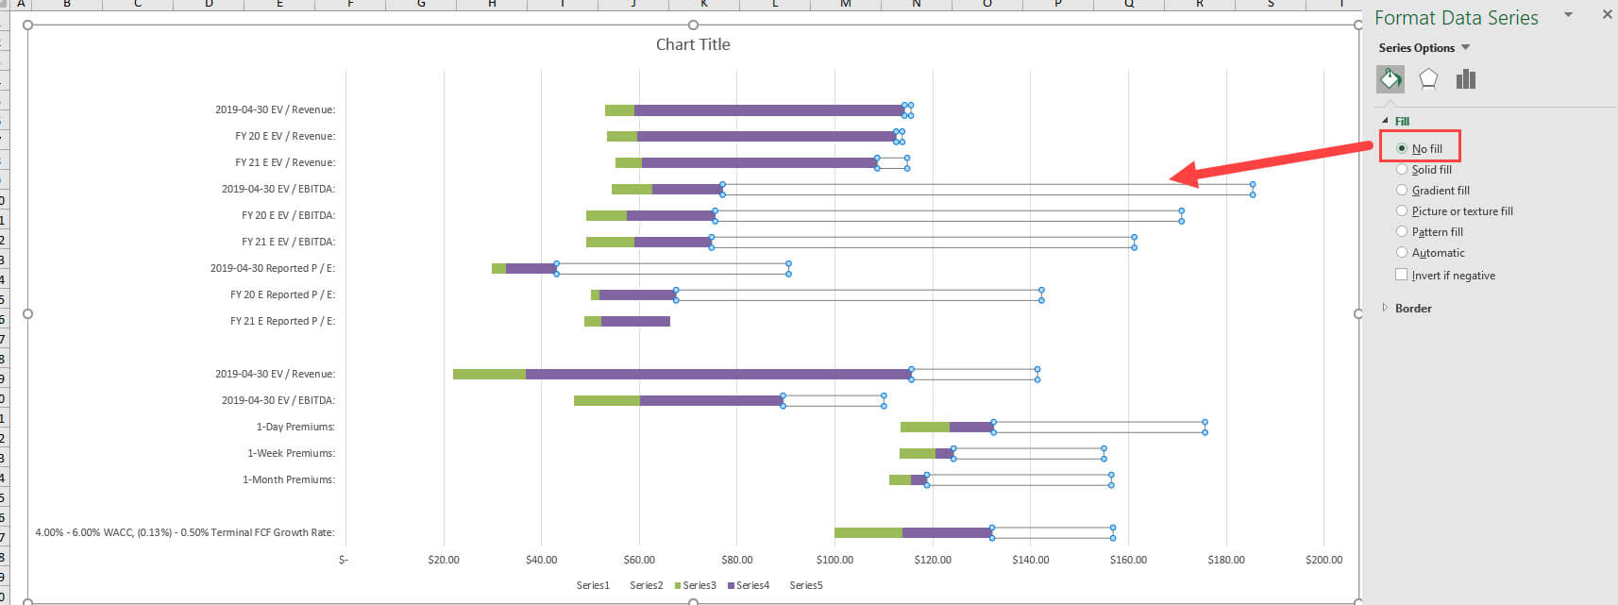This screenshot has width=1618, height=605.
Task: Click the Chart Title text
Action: (693, 44)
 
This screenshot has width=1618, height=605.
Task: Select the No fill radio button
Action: (1402, 148)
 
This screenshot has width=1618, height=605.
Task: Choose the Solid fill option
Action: (1402, 170)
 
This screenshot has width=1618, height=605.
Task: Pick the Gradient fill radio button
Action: (1402, 191)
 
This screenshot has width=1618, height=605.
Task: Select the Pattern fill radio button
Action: (1402, 232)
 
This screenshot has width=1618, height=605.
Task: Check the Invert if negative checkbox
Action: (1402, 276)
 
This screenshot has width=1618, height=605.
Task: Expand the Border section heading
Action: (1412, 309)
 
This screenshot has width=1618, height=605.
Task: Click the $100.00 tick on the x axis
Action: (834, 560)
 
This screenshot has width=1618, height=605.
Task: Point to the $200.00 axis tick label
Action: (1323, 560)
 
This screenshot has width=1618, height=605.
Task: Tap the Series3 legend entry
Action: (696, 585)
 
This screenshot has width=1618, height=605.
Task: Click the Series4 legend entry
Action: (749, 585)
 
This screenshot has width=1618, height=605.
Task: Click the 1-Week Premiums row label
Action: (291, 453)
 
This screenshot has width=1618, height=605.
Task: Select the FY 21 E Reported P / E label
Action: (282, 321)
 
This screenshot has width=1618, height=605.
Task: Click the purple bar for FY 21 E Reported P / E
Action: (635, 322)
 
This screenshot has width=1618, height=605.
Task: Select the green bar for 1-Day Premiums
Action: (924, 428)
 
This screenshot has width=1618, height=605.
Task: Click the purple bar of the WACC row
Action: (946, 533)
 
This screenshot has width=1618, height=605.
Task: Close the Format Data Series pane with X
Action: (1607, 15)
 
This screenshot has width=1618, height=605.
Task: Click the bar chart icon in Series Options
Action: (1465, 79)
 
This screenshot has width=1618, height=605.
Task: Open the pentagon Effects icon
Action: (1428, 79)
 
